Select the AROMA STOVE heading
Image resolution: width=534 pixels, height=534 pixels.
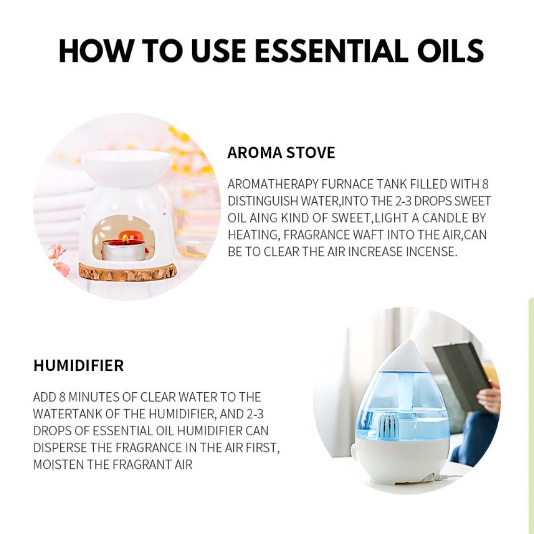[x=281, y=153]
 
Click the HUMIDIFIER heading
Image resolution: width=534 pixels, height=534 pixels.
[x=78, y=366]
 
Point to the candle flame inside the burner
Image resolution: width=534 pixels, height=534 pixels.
[x=125, y=238]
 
